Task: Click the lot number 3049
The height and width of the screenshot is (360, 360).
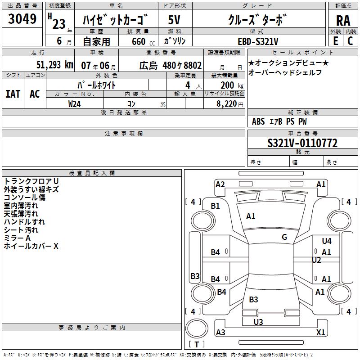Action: pyautogui.click(x=22, y=19)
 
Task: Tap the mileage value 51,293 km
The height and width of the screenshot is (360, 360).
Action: pyautogui.click(x=54, y=65)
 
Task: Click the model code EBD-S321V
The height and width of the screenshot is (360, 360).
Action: pyautogui.click(x=258, y=41)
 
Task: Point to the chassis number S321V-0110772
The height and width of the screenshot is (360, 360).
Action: pyautogui.click(x=302, y=143)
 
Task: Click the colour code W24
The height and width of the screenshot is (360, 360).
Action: pyautogui.click(x=75, y=103)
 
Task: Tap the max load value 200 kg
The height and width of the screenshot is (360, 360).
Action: pyautogui.click(x=229, y=85)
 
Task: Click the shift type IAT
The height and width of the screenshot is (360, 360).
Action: pyautogui.click(x=13, y=94)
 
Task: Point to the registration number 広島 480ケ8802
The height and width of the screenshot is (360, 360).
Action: pyautogui.click(x=170, y=65)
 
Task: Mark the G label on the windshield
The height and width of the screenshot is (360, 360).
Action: pyautogui.click(x=284, y=237)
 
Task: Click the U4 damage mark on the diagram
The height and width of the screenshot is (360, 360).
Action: pyautogui.click(x=327, y=241)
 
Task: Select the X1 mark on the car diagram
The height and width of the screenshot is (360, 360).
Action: pyautogui.click(x=321, y=332)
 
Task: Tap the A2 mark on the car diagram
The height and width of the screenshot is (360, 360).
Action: pyautogui.click(x=220, y=184)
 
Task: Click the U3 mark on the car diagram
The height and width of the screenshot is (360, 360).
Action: pyautogui.click(x=258, y=322)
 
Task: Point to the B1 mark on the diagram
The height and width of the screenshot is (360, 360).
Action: pyautogui.click(x=216, y=206)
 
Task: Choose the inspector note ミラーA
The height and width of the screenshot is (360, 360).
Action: pyautogui.click(x=17, y=238)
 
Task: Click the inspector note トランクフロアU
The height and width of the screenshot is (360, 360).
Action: pyautogui.click(x=31, y=181)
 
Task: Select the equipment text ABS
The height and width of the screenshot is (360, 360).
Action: pyautogui.click(x=258, y=121)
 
